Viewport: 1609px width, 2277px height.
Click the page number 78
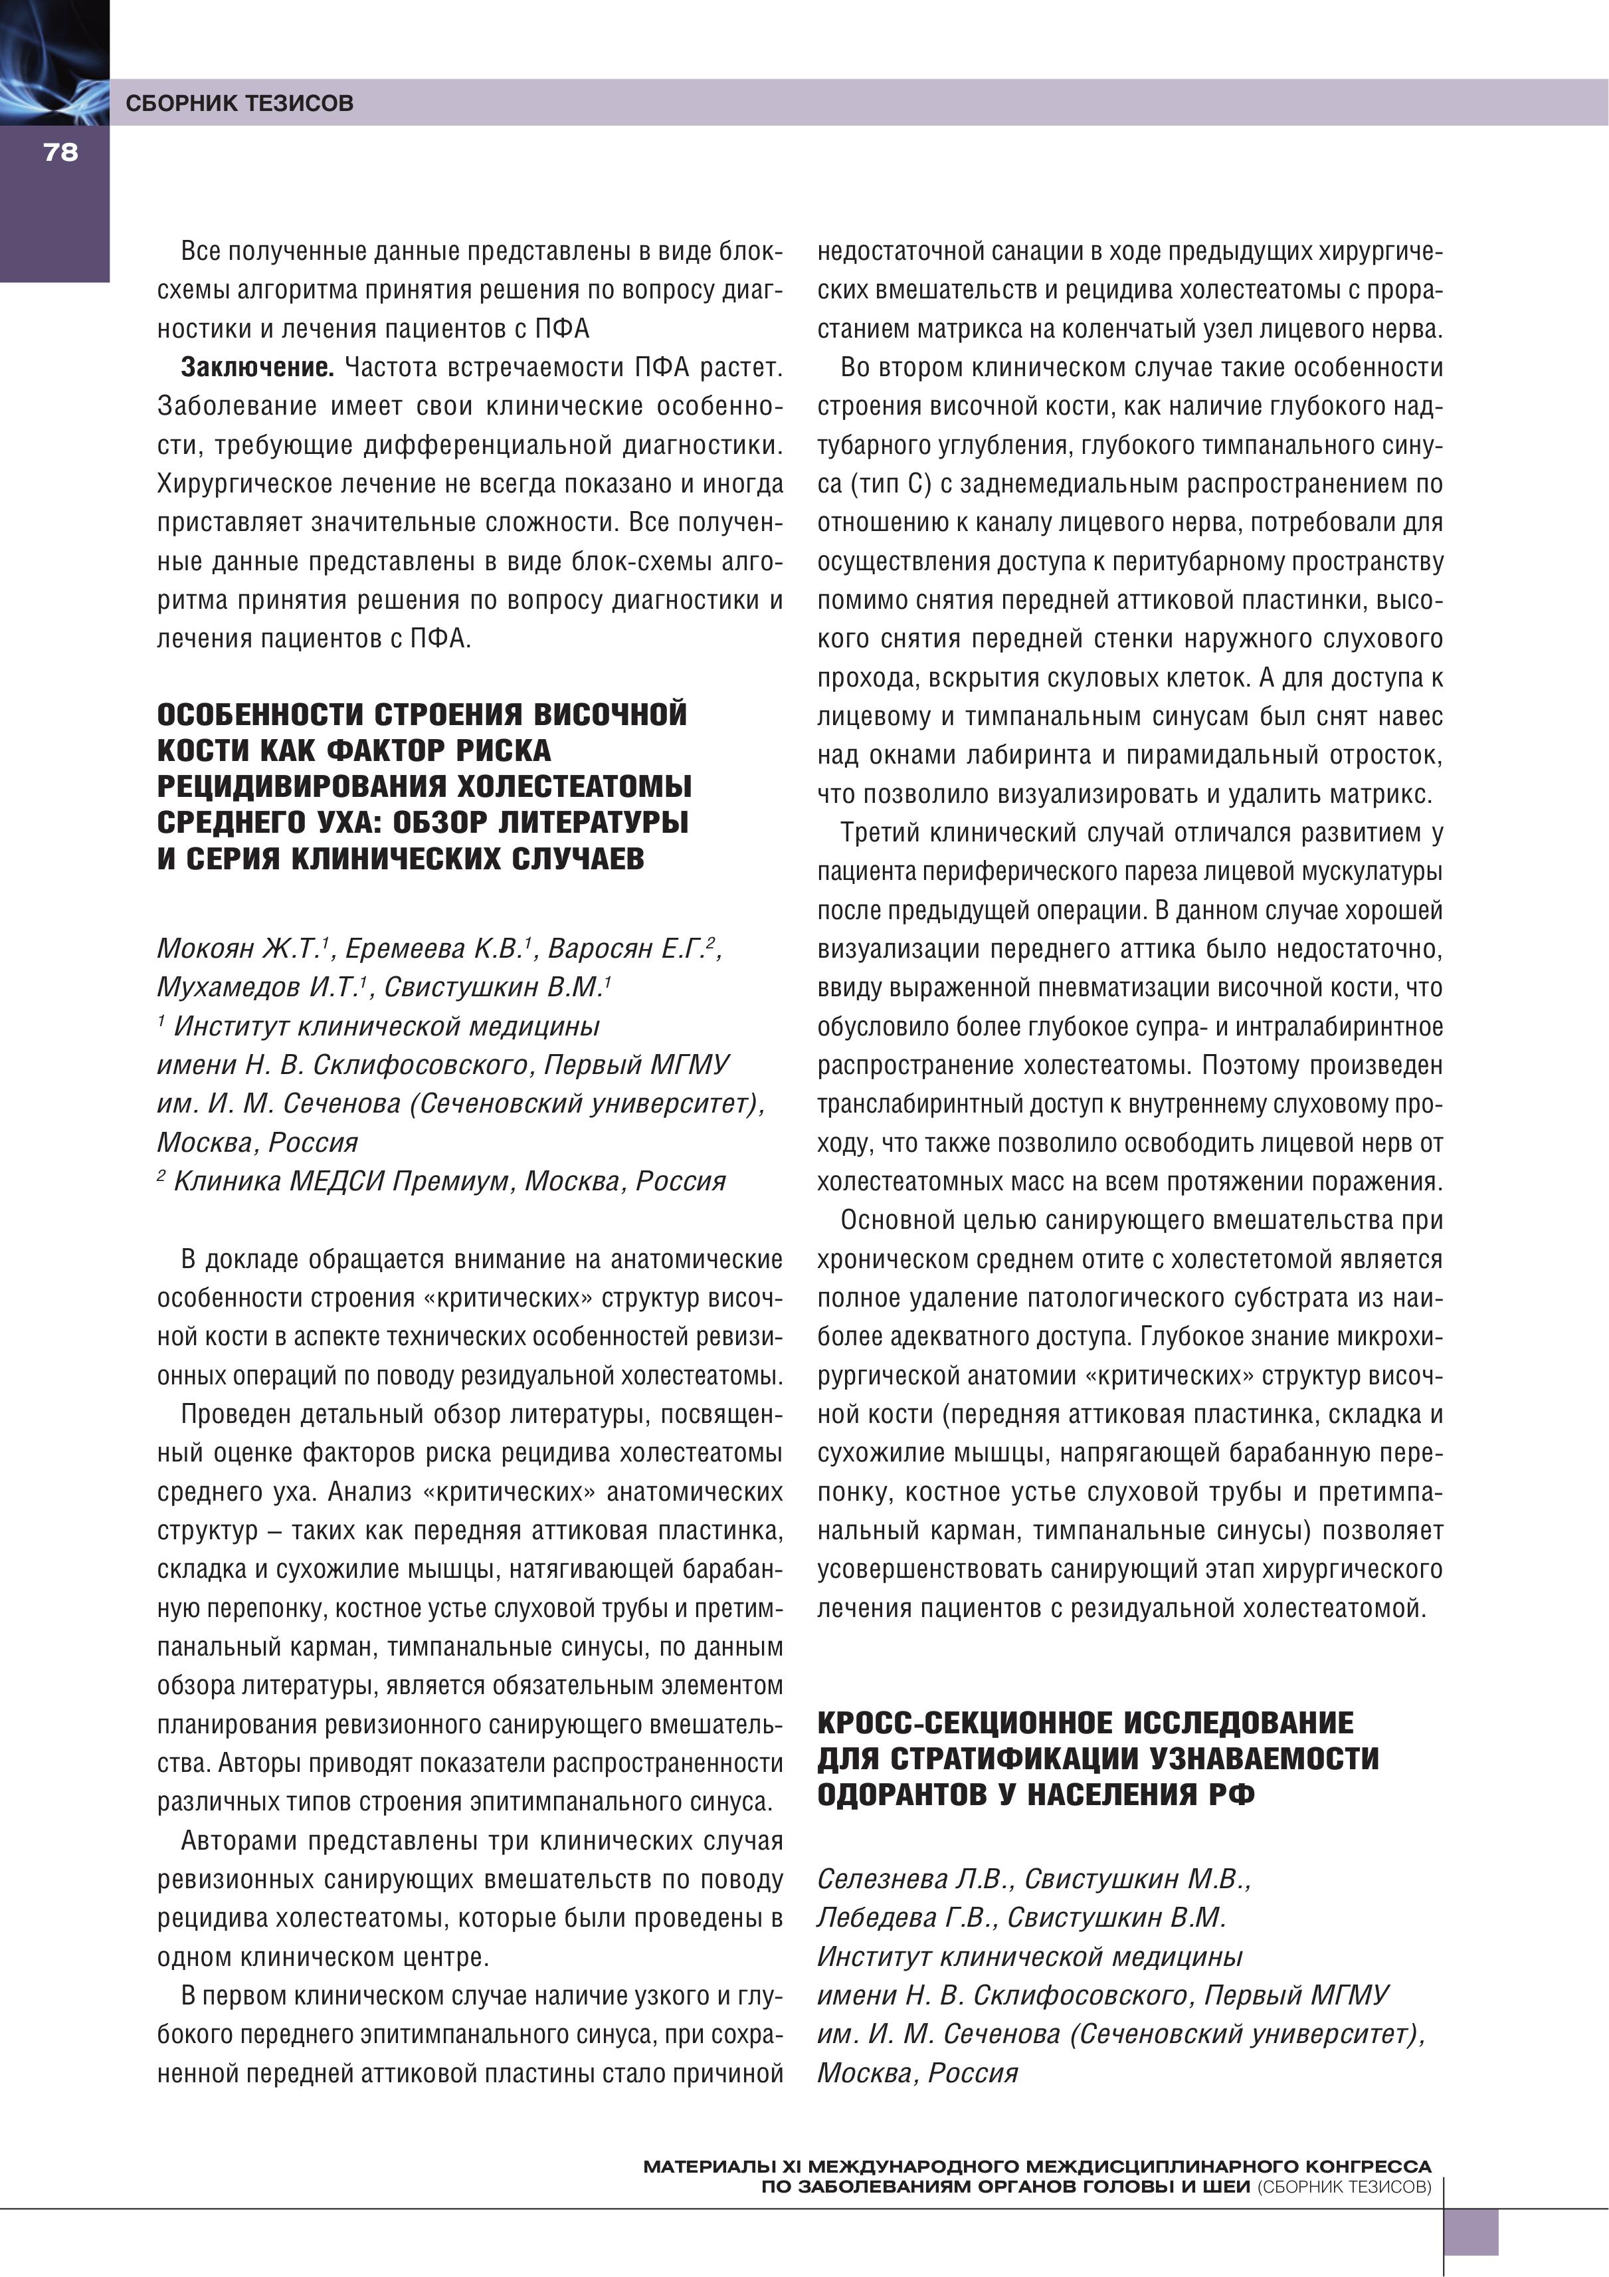tap(60, 152)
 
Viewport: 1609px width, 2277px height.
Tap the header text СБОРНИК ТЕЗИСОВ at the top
tap(239, 103)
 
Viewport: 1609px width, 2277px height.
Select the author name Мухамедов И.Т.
tap(262, 988)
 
